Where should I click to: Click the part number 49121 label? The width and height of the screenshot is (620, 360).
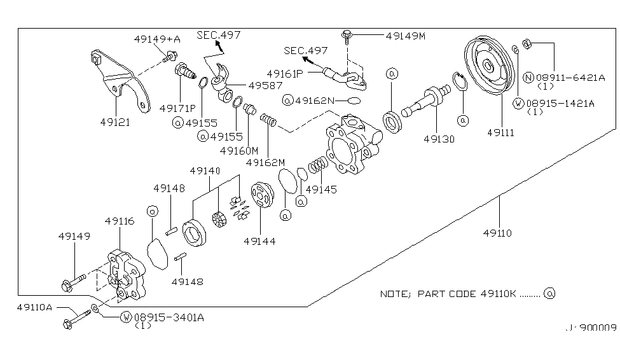point(115,121)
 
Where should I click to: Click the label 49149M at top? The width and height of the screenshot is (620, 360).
point(405,36)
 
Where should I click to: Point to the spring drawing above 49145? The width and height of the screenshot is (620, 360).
point(317,168)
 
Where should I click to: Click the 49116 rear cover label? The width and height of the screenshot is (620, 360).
point(120,221)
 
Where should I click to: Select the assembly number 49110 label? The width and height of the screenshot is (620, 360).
point(499,233)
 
